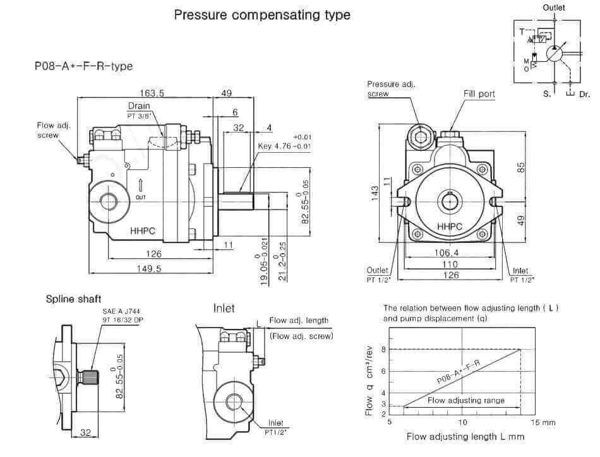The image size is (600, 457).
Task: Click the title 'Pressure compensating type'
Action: click(262, 15)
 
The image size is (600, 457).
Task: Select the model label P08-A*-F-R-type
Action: click(83, 66)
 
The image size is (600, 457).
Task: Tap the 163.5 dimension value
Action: click(152, 93)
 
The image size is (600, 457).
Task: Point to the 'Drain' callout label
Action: click(139, 106)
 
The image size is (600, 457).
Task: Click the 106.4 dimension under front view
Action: click(446, 253)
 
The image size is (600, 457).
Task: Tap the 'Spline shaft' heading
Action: click(73, 299)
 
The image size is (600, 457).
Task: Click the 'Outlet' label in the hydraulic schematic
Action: click(553, 8)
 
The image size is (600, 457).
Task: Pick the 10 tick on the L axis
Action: click(462, 422)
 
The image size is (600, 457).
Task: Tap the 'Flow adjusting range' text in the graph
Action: click(465, 400)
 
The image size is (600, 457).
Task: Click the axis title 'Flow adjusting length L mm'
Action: click(465, 436)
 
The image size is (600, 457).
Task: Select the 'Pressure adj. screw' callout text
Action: click(391, 89)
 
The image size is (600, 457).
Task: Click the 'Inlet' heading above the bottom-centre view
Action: click(224, 308)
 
